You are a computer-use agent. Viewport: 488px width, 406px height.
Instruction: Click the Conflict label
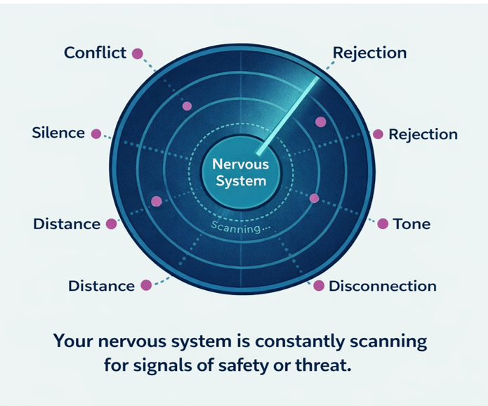point(95,53)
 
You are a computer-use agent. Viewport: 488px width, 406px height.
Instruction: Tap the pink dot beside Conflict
point(138,53)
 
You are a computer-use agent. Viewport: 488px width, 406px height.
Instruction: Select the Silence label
point(58,133)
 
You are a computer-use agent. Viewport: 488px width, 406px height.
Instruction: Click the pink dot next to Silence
point(96,133)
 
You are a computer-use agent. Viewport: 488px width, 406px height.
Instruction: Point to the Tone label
point(411,224)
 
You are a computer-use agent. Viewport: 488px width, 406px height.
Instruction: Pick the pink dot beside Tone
point(383,224)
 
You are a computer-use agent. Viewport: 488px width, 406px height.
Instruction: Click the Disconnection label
point(383,286)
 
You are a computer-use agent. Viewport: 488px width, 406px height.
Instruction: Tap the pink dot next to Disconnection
point(318,286)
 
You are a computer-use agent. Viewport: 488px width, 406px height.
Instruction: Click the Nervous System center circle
point(241,172)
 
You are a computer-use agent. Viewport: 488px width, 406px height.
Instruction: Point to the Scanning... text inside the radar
point(241,228)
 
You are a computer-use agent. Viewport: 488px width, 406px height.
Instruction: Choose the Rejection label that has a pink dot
point(423,134)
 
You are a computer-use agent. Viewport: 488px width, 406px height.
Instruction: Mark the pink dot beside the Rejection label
point(377,134)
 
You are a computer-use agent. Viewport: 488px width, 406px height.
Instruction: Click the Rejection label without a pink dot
point(369,53)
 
